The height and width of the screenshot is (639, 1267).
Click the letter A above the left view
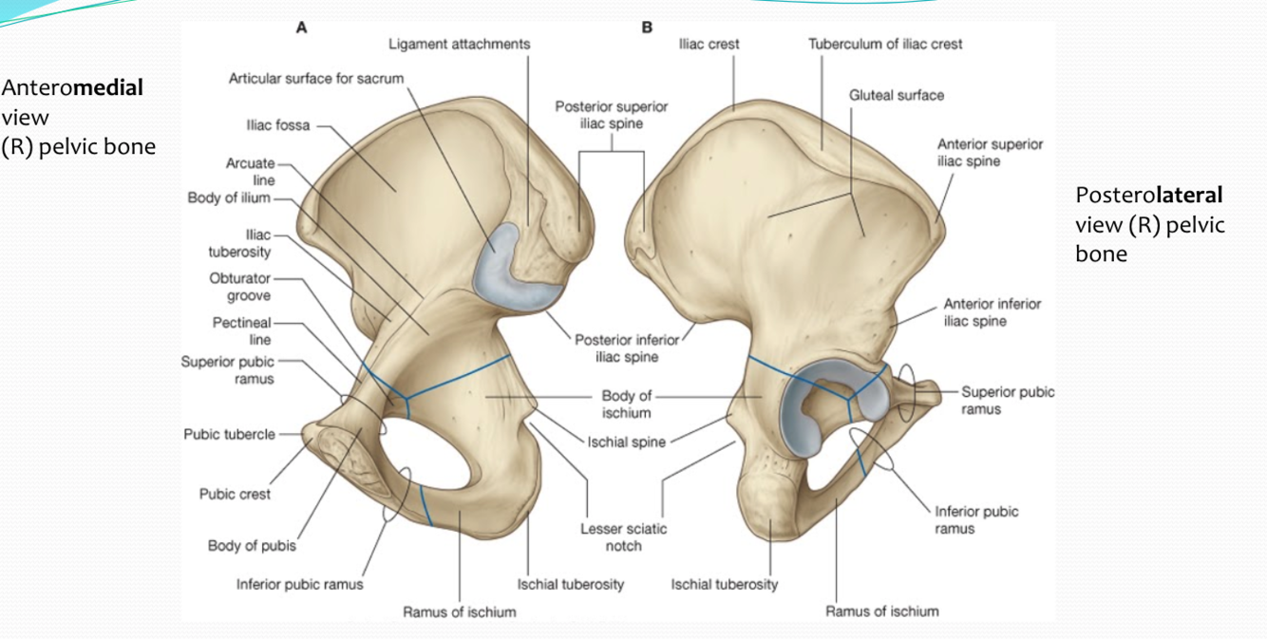[x=301, y=28]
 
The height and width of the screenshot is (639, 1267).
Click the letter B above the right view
[x=648, y=28]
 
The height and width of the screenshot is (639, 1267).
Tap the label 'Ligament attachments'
[x=459, y=45]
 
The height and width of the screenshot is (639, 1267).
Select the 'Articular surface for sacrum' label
[x=316, y=77]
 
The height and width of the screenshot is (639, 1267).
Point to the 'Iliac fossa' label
[x=278, y=124]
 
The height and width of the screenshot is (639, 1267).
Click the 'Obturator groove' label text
[x=239, y=287]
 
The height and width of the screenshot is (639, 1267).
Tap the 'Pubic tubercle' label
[x=229, y=434]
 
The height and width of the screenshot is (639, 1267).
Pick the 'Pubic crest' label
[x=235, y=494]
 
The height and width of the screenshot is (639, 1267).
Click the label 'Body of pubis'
[x=252, y=546]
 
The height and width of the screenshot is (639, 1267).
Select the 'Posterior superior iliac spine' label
[x=598, y=115]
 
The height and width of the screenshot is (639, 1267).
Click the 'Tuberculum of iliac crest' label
[x=885, y=44]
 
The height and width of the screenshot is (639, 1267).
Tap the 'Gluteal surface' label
[x=897, y=95]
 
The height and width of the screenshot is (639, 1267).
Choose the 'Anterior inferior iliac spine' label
[x=992, y=312]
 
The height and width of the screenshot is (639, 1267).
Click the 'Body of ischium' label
[x=626, y=404]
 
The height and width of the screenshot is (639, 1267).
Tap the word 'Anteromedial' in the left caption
[x=72, y=88]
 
